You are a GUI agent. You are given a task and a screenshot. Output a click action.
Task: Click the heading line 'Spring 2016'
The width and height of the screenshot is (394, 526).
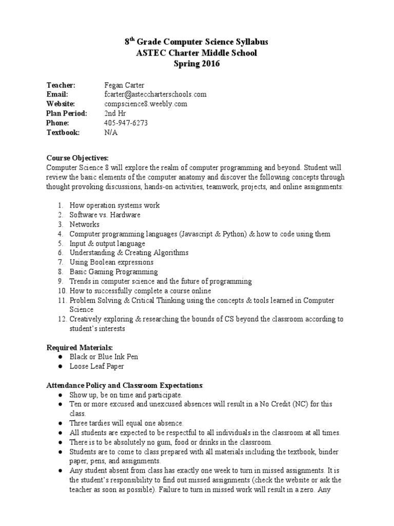click(x=197, y=64)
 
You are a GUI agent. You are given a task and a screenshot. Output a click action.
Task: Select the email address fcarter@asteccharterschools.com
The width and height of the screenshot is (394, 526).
click(x=155, y=95)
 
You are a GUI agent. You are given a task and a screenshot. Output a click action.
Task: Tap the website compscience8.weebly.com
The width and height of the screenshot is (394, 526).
click(x=146, y=104)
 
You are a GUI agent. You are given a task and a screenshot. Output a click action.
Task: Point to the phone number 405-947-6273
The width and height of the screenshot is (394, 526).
click(x=126, y=123)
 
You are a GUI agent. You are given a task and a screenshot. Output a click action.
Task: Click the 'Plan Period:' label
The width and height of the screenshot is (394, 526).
click(x=67, y=113)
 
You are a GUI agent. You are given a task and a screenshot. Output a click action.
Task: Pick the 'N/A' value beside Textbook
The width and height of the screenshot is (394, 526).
click(x=110, y=132)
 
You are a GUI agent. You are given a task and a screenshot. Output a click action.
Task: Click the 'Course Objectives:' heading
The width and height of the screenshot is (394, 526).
click(x=77, y=158)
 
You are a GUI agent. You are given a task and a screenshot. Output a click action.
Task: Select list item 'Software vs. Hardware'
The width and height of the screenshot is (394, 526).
click(x=105, y=215)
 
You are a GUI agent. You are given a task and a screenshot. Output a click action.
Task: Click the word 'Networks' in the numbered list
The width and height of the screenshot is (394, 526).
click(x=85, y=224)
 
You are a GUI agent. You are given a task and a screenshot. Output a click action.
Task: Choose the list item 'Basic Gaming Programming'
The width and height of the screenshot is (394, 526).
click(x=114, y=272)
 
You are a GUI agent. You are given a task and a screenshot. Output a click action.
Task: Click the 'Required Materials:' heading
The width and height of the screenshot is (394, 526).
click(x=80, y=347)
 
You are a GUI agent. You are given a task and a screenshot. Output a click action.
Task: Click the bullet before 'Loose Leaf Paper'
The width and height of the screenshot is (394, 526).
click(x=60, y=366)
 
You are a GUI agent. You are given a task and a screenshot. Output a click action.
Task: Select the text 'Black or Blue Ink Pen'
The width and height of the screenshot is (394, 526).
click(x=104, y=356)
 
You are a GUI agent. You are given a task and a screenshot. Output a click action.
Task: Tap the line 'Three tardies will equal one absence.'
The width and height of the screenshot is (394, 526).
click(x=126, y=423)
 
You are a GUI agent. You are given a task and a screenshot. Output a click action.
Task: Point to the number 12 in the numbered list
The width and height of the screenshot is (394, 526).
click(x=61, y=319)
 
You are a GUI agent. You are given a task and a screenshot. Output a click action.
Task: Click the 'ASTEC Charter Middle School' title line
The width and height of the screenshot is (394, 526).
click(x=197, y=53)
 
